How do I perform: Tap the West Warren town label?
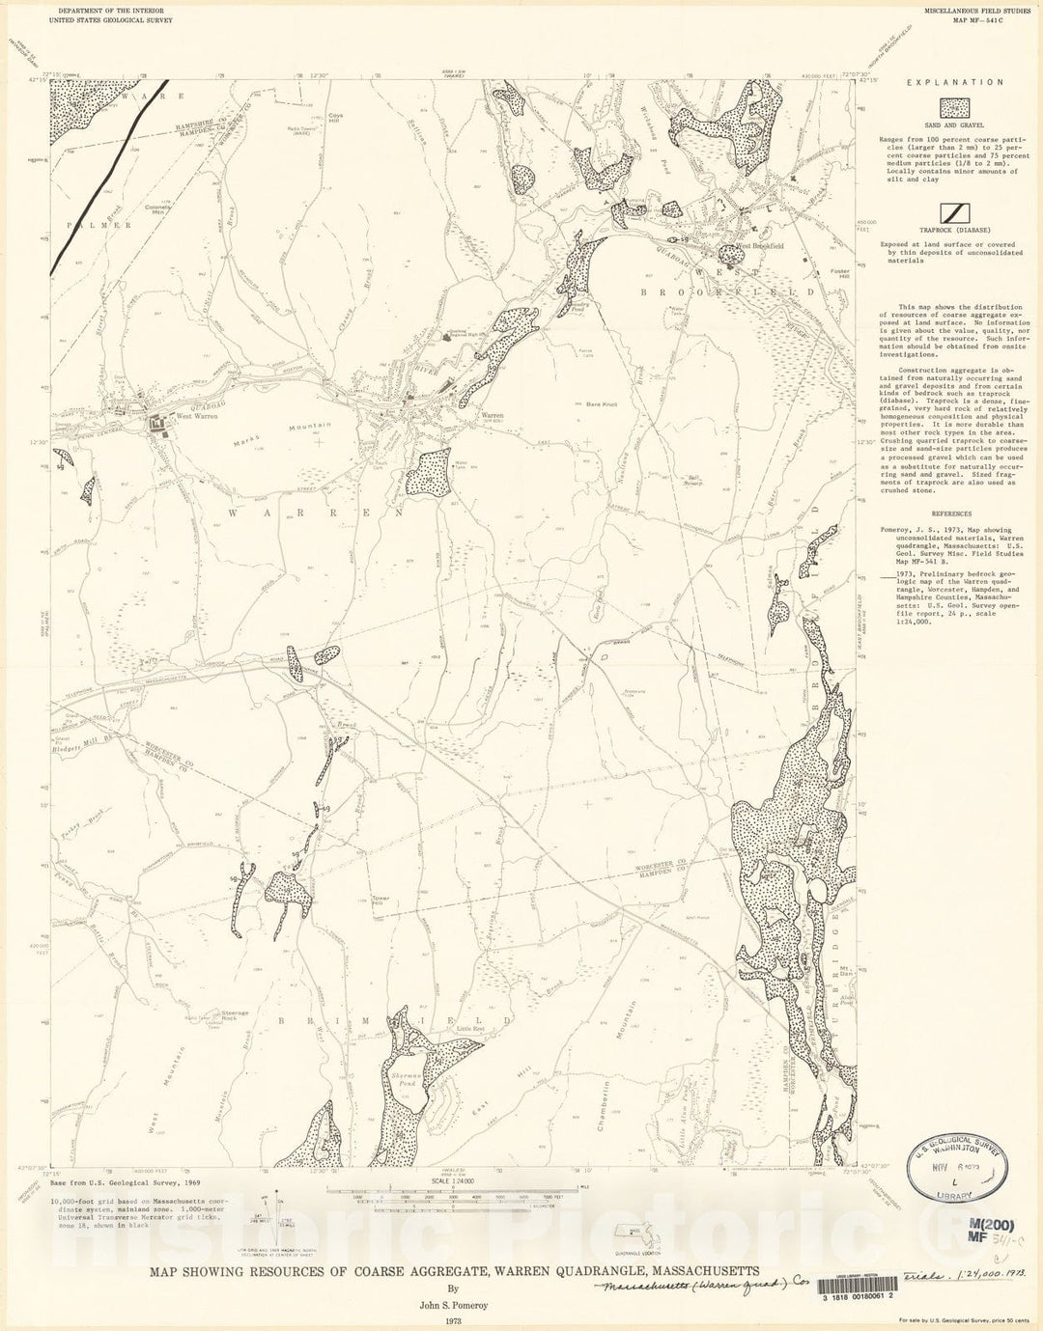point(197,416)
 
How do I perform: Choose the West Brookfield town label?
point(760,247)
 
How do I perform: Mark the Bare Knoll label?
point(601,404)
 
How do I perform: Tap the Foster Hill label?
point(839,274)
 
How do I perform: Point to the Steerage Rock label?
point(235,1015)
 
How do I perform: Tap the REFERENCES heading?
point(952,514)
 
